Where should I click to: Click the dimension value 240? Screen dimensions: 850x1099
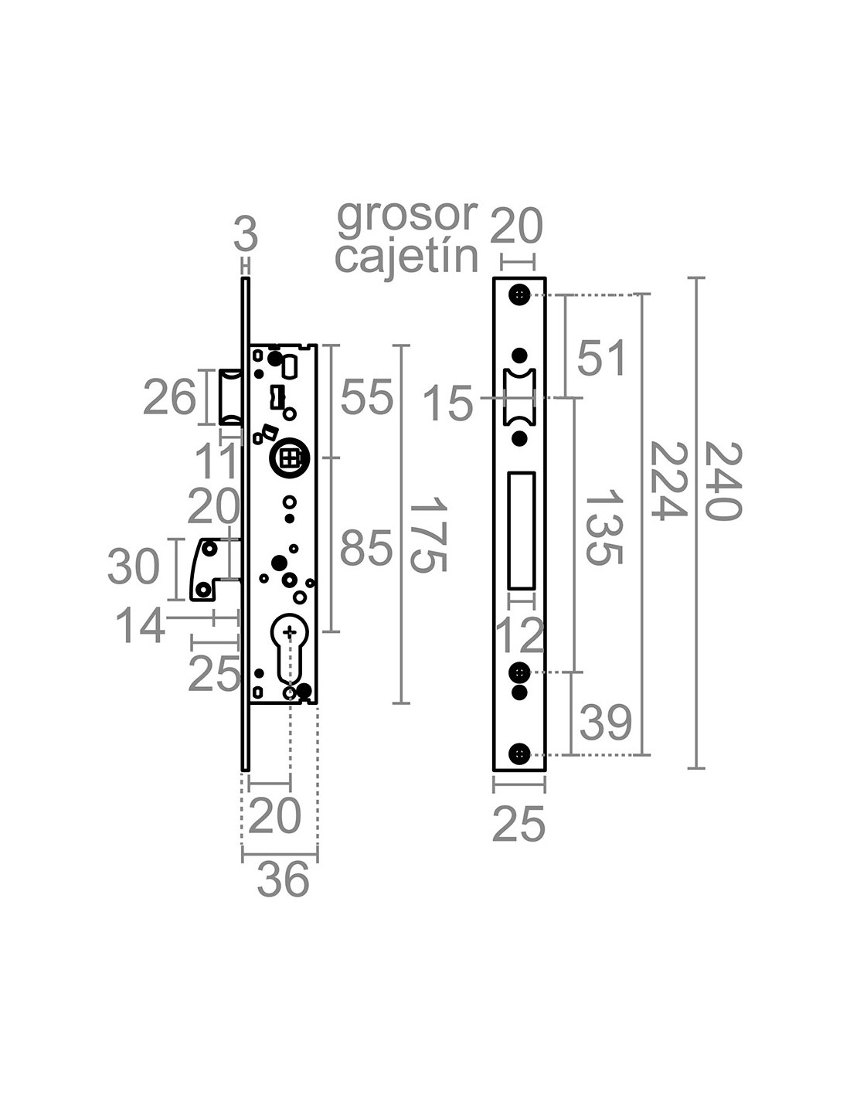[x=722, y=481]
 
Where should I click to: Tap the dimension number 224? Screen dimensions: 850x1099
[x=668, y=481]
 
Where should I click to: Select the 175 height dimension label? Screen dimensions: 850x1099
[x=428, y=534]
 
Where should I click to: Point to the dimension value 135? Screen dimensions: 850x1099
[x=603, y=527]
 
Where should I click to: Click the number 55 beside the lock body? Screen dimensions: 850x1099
[x=366, y=397]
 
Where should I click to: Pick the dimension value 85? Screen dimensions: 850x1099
[x=366, y=548]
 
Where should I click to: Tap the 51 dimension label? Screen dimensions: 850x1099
[x=601, y=358]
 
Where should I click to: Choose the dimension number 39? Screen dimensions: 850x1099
[x=605, y=722]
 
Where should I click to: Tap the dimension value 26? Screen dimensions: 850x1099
[x=169, y=397]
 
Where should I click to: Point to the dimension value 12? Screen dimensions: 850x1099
[x=519, y=637]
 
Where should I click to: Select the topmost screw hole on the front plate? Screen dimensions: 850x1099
[x=519, y=294]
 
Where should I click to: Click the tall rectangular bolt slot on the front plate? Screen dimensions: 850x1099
[x=522, y=531]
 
